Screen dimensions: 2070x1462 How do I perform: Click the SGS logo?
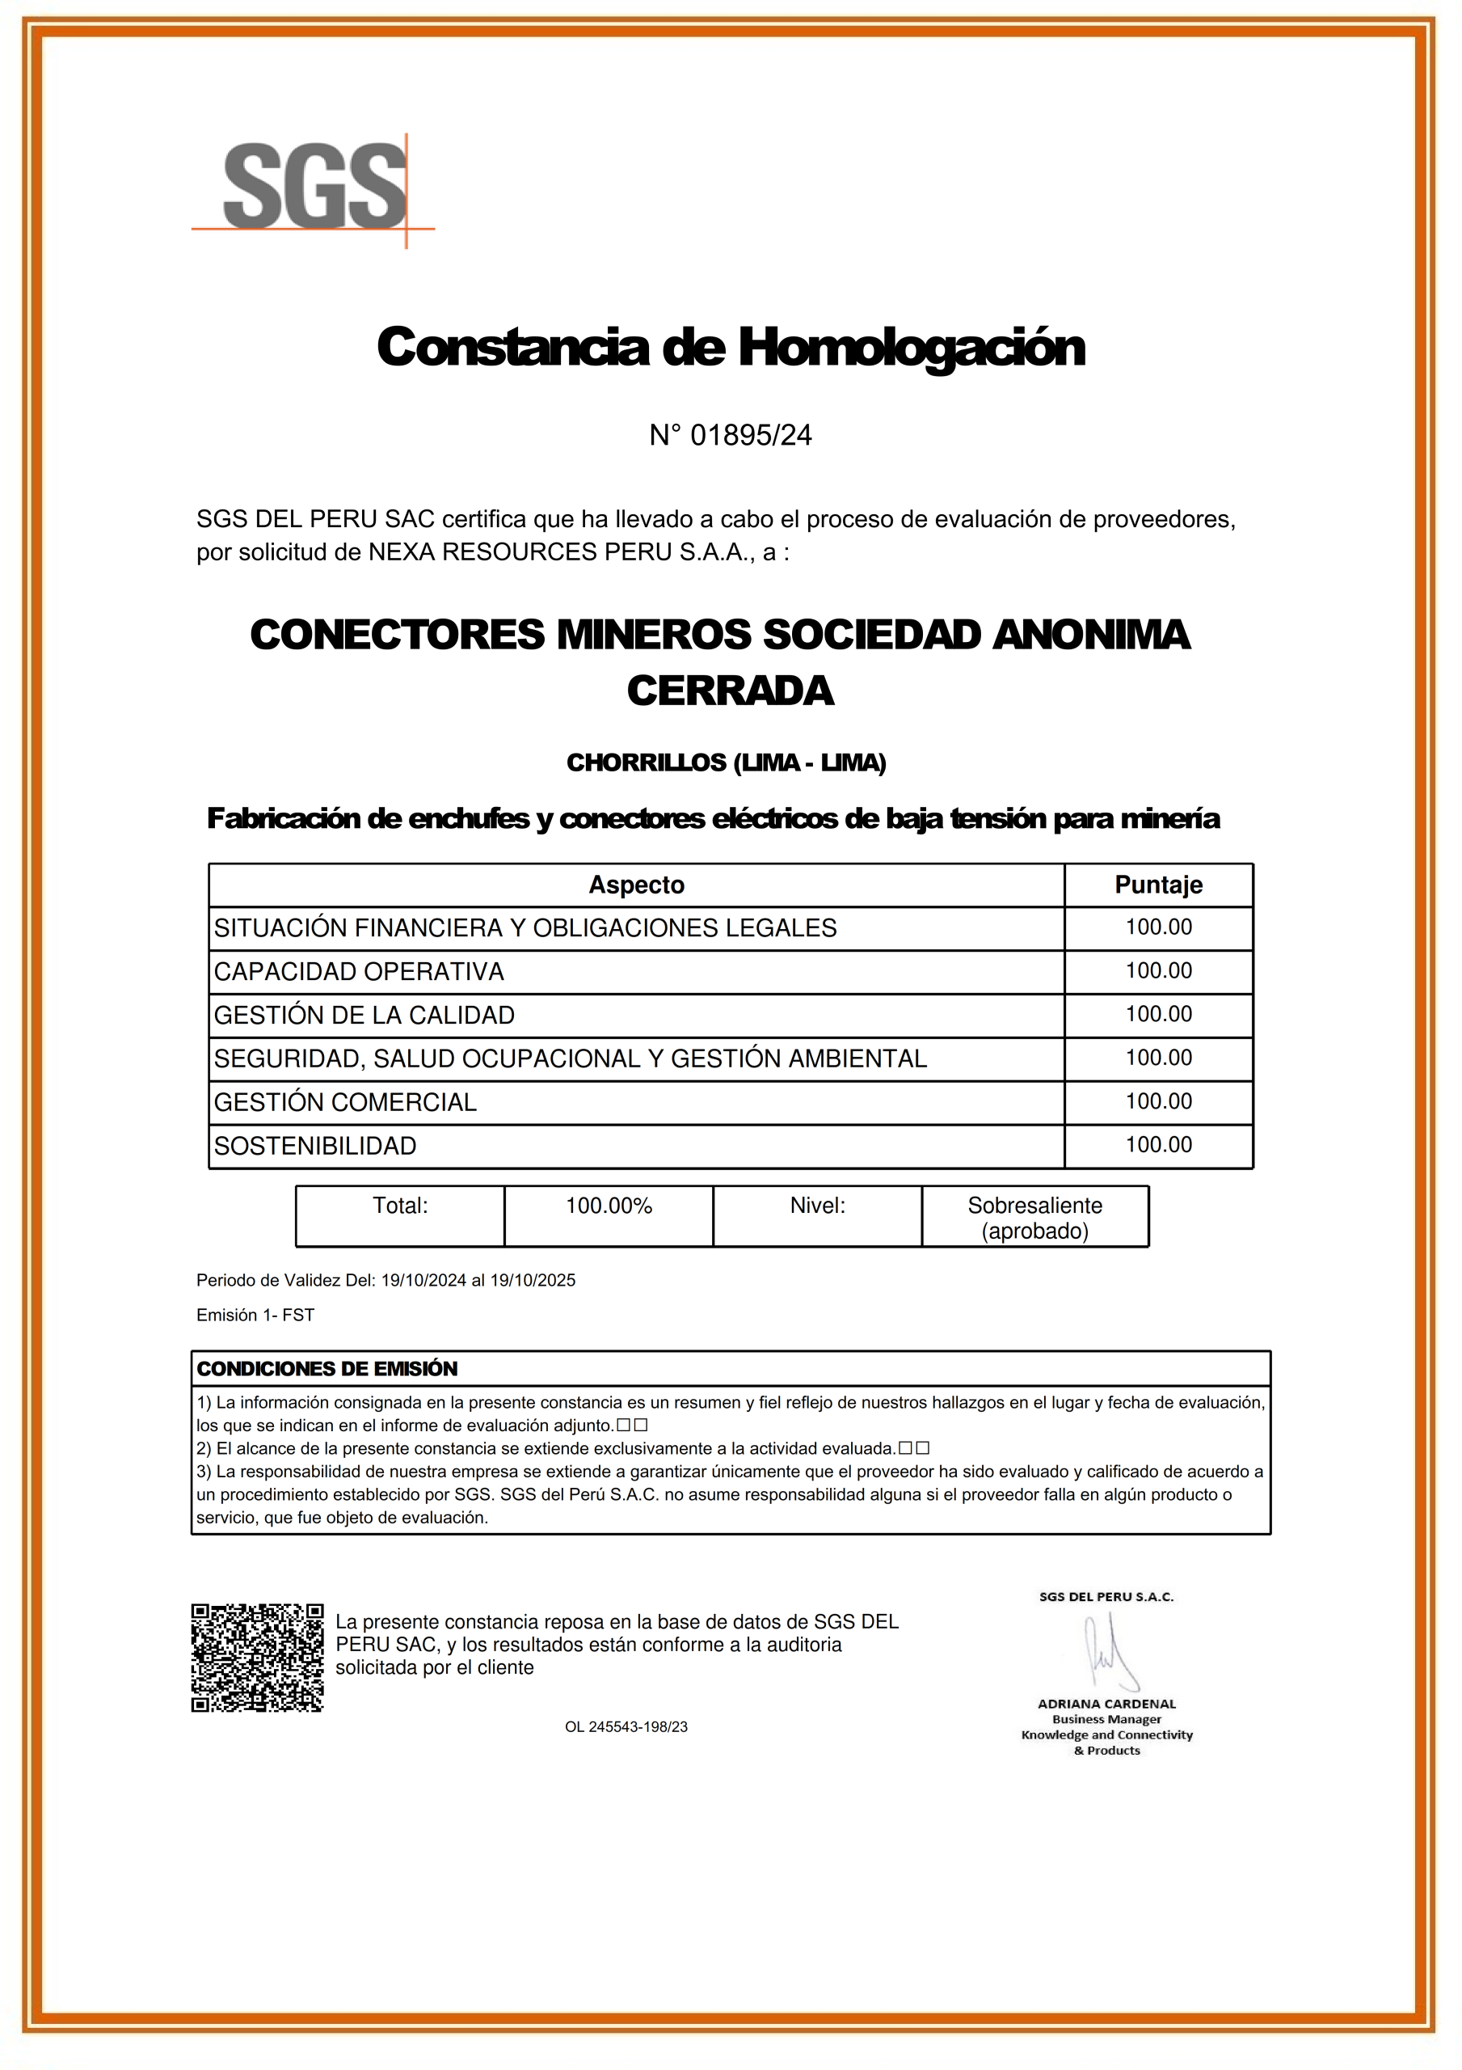314,188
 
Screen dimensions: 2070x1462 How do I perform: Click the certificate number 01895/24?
750,436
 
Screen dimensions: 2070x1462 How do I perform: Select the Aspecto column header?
636,885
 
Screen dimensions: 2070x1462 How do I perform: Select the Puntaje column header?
1158,885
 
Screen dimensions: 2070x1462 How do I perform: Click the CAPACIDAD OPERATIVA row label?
359,972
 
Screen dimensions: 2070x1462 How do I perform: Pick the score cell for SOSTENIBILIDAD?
1158,1145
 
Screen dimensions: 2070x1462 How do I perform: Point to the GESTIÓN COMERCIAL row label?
345,1103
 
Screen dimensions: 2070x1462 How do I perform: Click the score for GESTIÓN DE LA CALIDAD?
1158,1014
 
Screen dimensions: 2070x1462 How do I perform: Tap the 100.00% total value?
609,1206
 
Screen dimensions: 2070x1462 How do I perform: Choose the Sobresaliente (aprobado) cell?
1034,1218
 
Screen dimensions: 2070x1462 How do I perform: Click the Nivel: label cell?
816,1206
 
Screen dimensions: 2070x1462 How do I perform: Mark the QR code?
257,1657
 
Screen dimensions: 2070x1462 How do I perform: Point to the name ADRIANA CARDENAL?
1106,1704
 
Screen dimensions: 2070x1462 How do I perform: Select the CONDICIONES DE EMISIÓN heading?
327,1369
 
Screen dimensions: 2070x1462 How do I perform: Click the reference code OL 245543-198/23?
626,1726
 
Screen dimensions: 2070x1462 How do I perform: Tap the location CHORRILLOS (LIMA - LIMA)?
726,763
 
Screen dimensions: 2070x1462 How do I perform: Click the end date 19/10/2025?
533,1280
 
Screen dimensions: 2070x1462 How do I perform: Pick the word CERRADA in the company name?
730,691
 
